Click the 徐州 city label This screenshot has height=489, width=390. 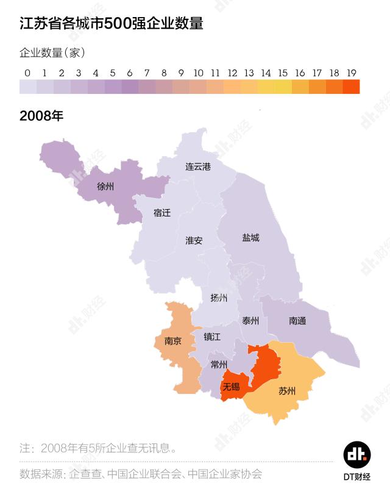point(105,187)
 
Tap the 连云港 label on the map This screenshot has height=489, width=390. point(198,166)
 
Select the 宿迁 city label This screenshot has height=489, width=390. point(162,213)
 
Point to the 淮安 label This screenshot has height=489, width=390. point(194,240)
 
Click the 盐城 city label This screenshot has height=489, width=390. point(250,237)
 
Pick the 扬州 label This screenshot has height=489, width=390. point(219,298)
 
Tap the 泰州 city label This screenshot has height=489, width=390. point(250,321)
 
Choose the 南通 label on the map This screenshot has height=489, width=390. point(297,321)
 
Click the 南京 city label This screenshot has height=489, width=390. point(173,341)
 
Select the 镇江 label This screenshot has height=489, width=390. point(212,337)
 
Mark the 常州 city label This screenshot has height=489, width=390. point(219,365)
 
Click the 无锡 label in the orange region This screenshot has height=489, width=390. point(231,387)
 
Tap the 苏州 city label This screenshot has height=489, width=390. point(287,391)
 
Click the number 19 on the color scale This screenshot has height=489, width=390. point(351,73)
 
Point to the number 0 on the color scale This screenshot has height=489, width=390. point(27,73)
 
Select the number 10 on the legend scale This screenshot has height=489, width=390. point(198,73)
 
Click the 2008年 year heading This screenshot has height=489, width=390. point(41,116)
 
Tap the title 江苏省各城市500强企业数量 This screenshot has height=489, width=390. point(112,24)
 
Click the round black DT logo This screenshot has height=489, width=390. point(357,454)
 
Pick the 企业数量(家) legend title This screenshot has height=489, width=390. point(52,52)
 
